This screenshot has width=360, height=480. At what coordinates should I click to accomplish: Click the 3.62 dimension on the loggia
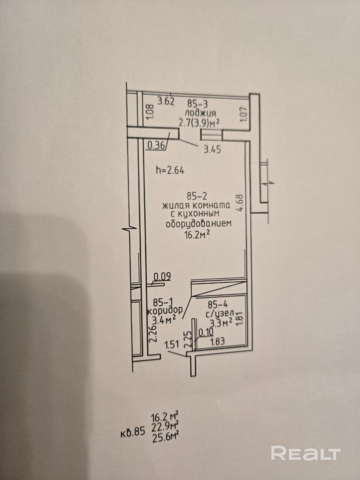click(x=166, y=102)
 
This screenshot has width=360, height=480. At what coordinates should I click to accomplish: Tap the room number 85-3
click(x=197, y=104)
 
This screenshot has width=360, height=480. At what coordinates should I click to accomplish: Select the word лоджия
click(x=200, y=113)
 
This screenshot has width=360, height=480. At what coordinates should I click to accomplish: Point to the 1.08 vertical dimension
click(x=150, y=111)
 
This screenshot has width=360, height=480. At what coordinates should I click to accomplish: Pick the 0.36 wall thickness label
click(x=156, y=145)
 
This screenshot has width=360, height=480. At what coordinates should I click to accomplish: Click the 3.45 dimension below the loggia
click(x=212, y=150)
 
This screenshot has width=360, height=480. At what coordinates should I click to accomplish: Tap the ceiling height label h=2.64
click(x=170, y=170)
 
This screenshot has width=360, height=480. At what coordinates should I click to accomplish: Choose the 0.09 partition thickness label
click(x=162, y=277)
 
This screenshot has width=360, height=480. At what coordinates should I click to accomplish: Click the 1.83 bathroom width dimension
click(x=217, y=342)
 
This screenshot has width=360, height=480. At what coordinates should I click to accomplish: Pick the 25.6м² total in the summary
click(x=165, y=437)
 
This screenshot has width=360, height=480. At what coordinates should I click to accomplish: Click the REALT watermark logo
click(x=306, y=453)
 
